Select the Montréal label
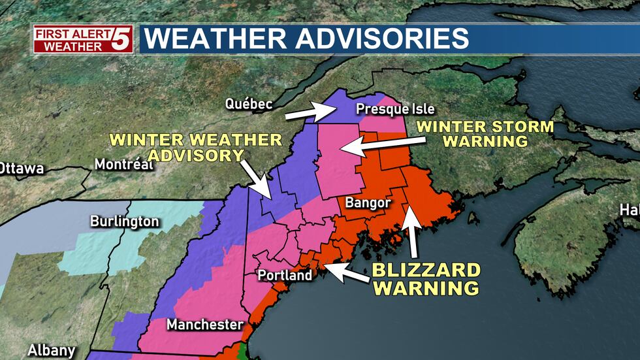[x=124, y=165]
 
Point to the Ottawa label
[x=22, y=169]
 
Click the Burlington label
[x=124, y=221]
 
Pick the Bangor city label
[x=368, y=203]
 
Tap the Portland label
[x=284, y=275]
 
